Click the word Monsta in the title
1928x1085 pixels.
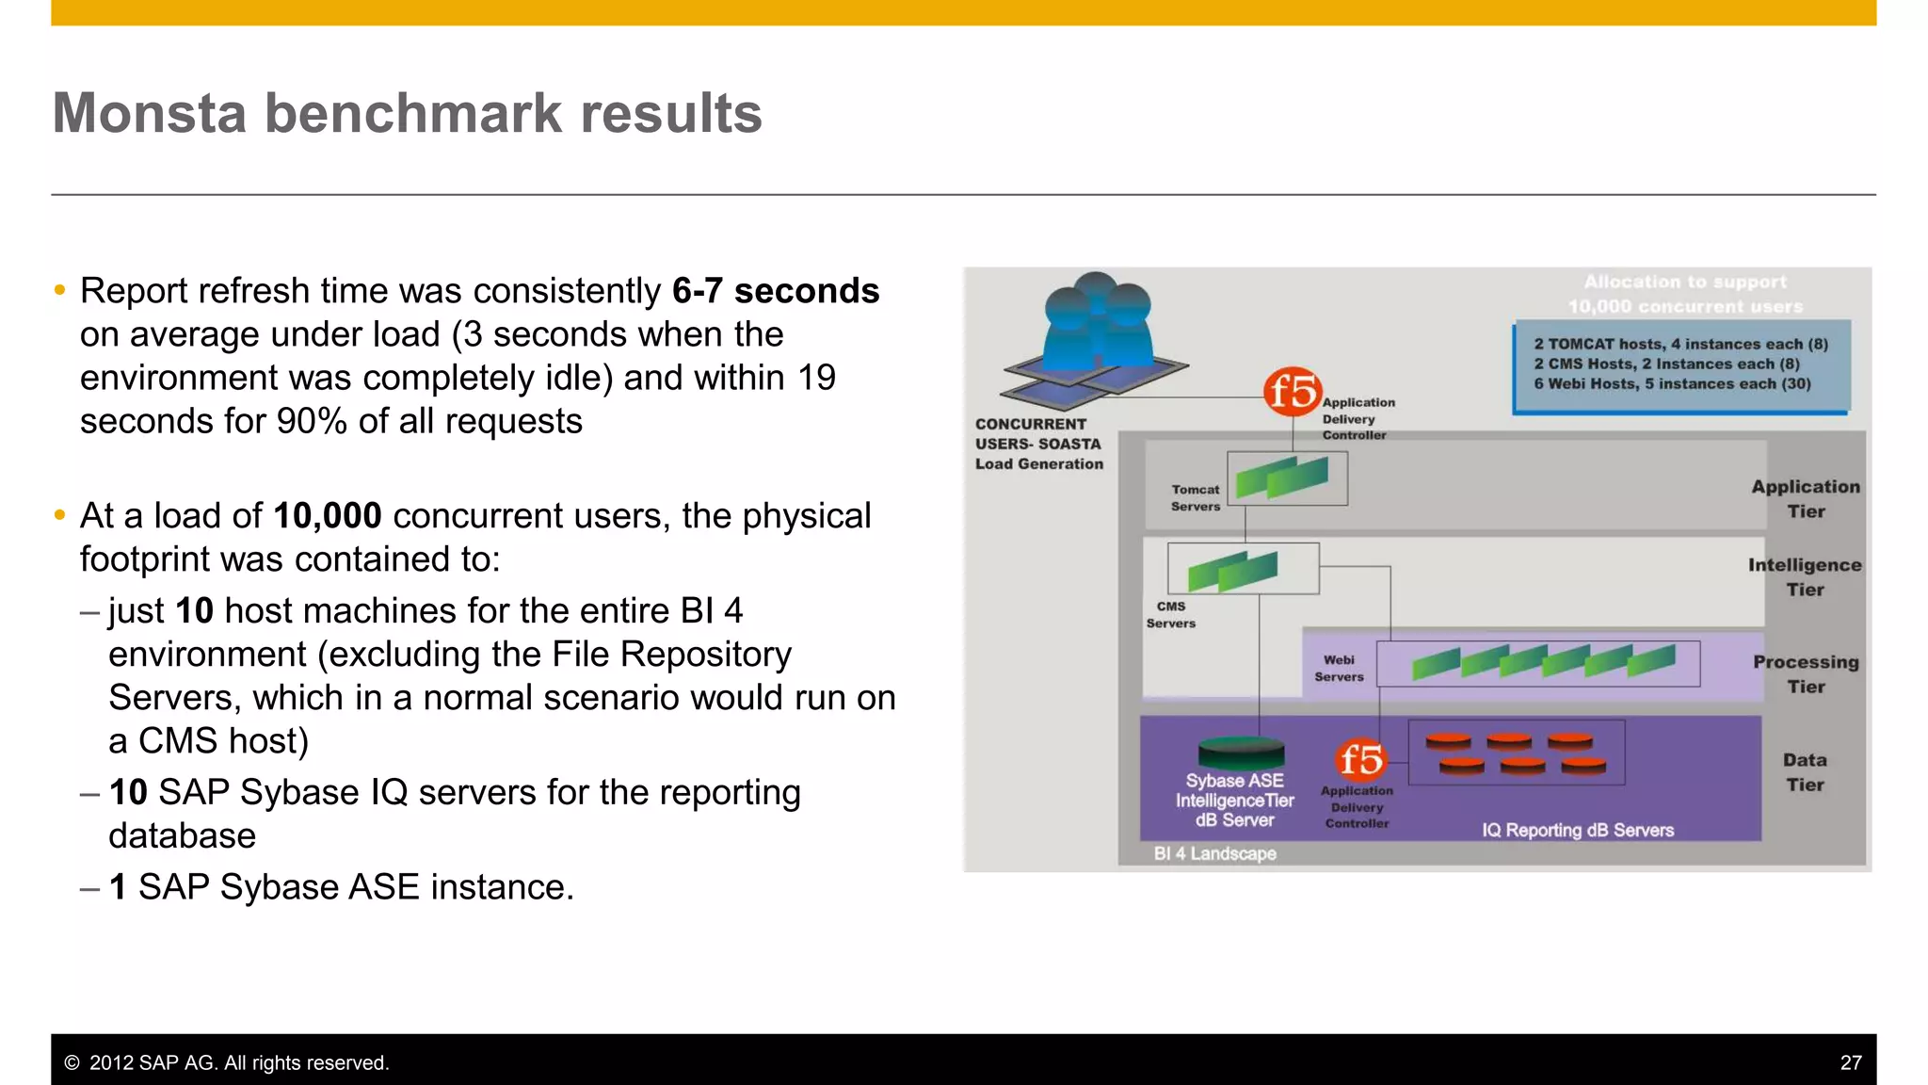click(151, 114)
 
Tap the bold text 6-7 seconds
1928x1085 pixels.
click(775, 291)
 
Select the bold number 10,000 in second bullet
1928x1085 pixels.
click(327, 516)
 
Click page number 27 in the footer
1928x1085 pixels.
click(1850, 1062)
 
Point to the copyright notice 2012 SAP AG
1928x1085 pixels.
click(226, 1062)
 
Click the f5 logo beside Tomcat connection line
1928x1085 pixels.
click(1292, 391)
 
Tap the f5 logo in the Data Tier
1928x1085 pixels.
click(1361, 759)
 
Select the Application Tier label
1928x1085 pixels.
click(1805, 499)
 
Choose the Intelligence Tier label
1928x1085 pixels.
click(1805, 577)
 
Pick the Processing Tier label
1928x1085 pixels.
click(1805, 674)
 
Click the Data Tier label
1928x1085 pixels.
click(1805, 772)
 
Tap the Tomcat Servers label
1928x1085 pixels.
click(1195, 498)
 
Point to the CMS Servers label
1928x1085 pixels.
click(1170, 615)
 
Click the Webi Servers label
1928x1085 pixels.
click(1338, 669)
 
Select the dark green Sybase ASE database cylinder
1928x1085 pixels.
click(1241, 753)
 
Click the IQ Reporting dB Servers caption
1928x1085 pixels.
click(1578, 830)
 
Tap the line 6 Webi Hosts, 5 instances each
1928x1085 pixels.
click(1671, 384)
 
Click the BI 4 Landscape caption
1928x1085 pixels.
click(1214, 853)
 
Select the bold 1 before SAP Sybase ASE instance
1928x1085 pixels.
click(118, 887)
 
